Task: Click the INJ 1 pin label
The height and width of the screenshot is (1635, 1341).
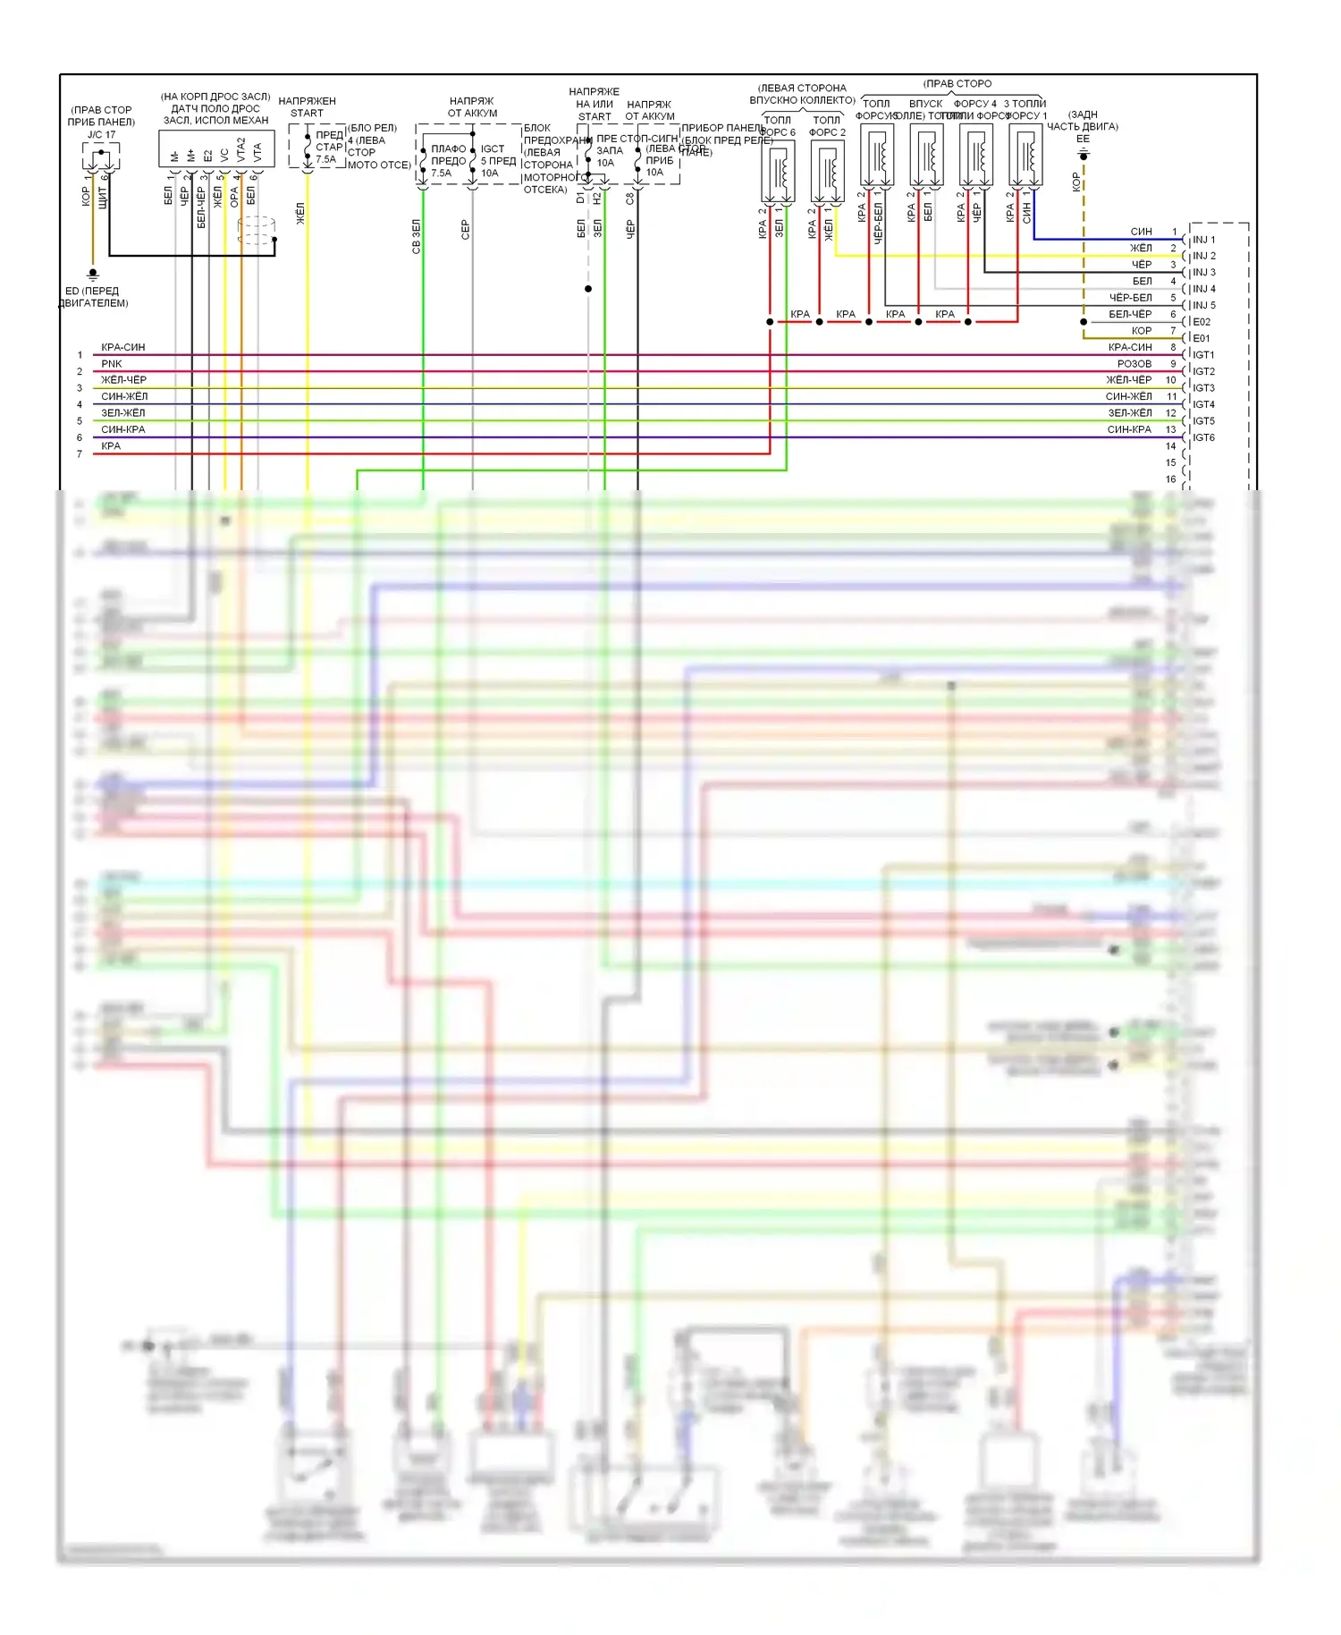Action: tap(1203, 240)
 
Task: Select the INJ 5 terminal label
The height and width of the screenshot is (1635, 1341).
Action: tap(1203, 305)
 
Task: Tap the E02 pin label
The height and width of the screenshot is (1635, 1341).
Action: tap(1202, 322)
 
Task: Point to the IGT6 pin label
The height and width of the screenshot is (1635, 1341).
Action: tap(1203, 437)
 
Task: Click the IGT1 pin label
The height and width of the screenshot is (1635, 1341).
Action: tap(1203, 355)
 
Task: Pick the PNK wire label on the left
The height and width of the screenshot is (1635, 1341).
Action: tap(112, 364)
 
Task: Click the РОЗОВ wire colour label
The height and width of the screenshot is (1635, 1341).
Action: tap(1134, 364)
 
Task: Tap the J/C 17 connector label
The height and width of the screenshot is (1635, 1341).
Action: tap(101, 135)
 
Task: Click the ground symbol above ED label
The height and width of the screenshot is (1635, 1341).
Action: tap(93, 275)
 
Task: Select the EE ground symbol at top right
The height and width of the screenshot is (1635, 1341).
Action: tap(1084, 155)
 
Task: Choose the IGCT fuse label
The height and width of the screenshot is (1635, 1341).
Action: tap(493, 149)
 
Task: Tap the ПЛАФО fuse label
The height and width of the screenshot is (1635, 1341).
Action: tap(448, 149)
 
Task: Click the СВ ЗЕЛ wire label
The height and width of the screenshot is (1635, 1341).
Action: tap(416, 236)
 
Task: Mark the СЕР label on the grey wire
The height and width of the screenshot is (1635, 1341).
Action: tap(465, 230)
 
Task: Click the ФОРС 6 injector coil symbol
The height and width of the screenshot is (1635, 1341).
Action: tap(778, 172)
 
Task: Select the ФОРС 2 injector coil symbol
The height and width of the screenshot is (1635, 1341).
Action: tap(827, 172)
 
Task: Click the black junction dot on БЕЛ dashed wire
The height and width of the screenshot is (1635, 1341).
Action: tap(588, 289)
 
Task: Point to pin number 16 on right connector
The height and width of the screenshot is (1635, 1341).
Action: tap(1170, 479)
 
